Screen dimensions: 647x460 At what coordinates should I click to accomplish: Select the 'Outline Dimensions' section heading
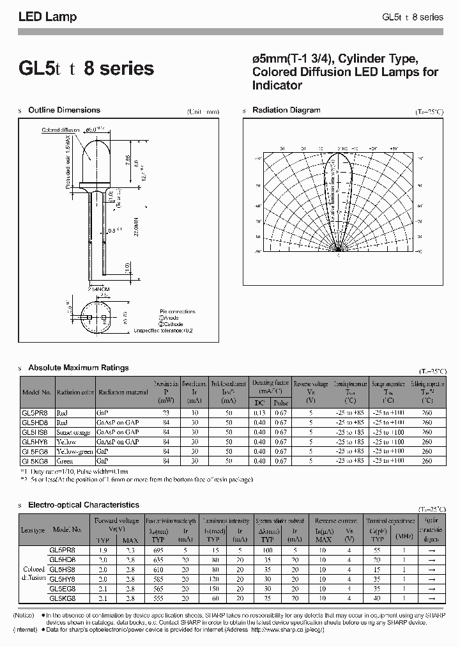(x=64, y=110)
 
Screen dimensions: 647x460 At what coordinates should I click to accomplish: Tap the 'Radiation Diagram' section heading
(x=286, y=110)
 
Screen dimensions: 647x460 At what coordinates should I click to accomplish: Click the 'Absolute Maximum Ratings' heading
(x=78, y=368)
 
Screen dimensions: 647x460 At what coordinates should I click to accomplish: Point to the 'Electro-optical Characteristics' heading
(x=83, y=505)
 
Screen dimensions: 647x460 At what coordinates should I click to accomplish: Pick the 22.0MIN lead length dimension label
(x=135, y=226)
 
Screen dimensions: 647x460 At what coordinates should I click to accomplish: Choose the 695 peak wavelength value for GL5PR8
(x=158, y=549)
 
